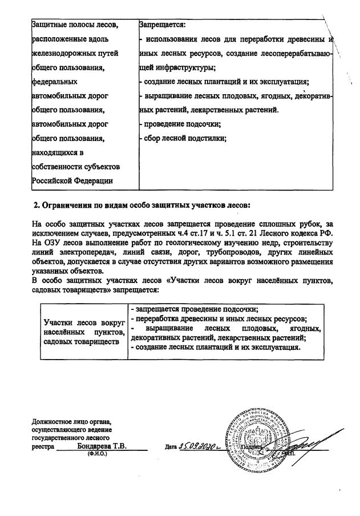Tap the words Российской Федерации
point(72,180)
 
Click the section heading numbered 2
point(141,205)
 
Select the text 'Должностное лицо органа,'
point(72,422)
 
